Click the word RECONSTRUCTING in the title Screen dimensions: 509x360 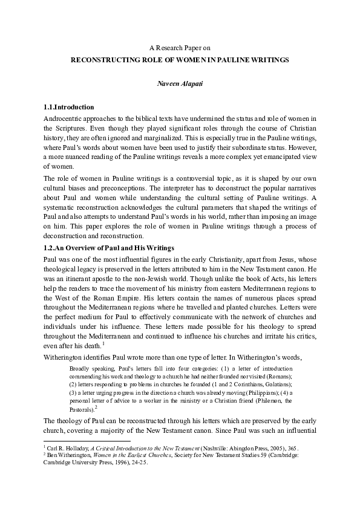pos(102,61)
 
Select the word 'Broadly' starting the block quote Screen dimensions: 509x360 pos(82,368)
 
